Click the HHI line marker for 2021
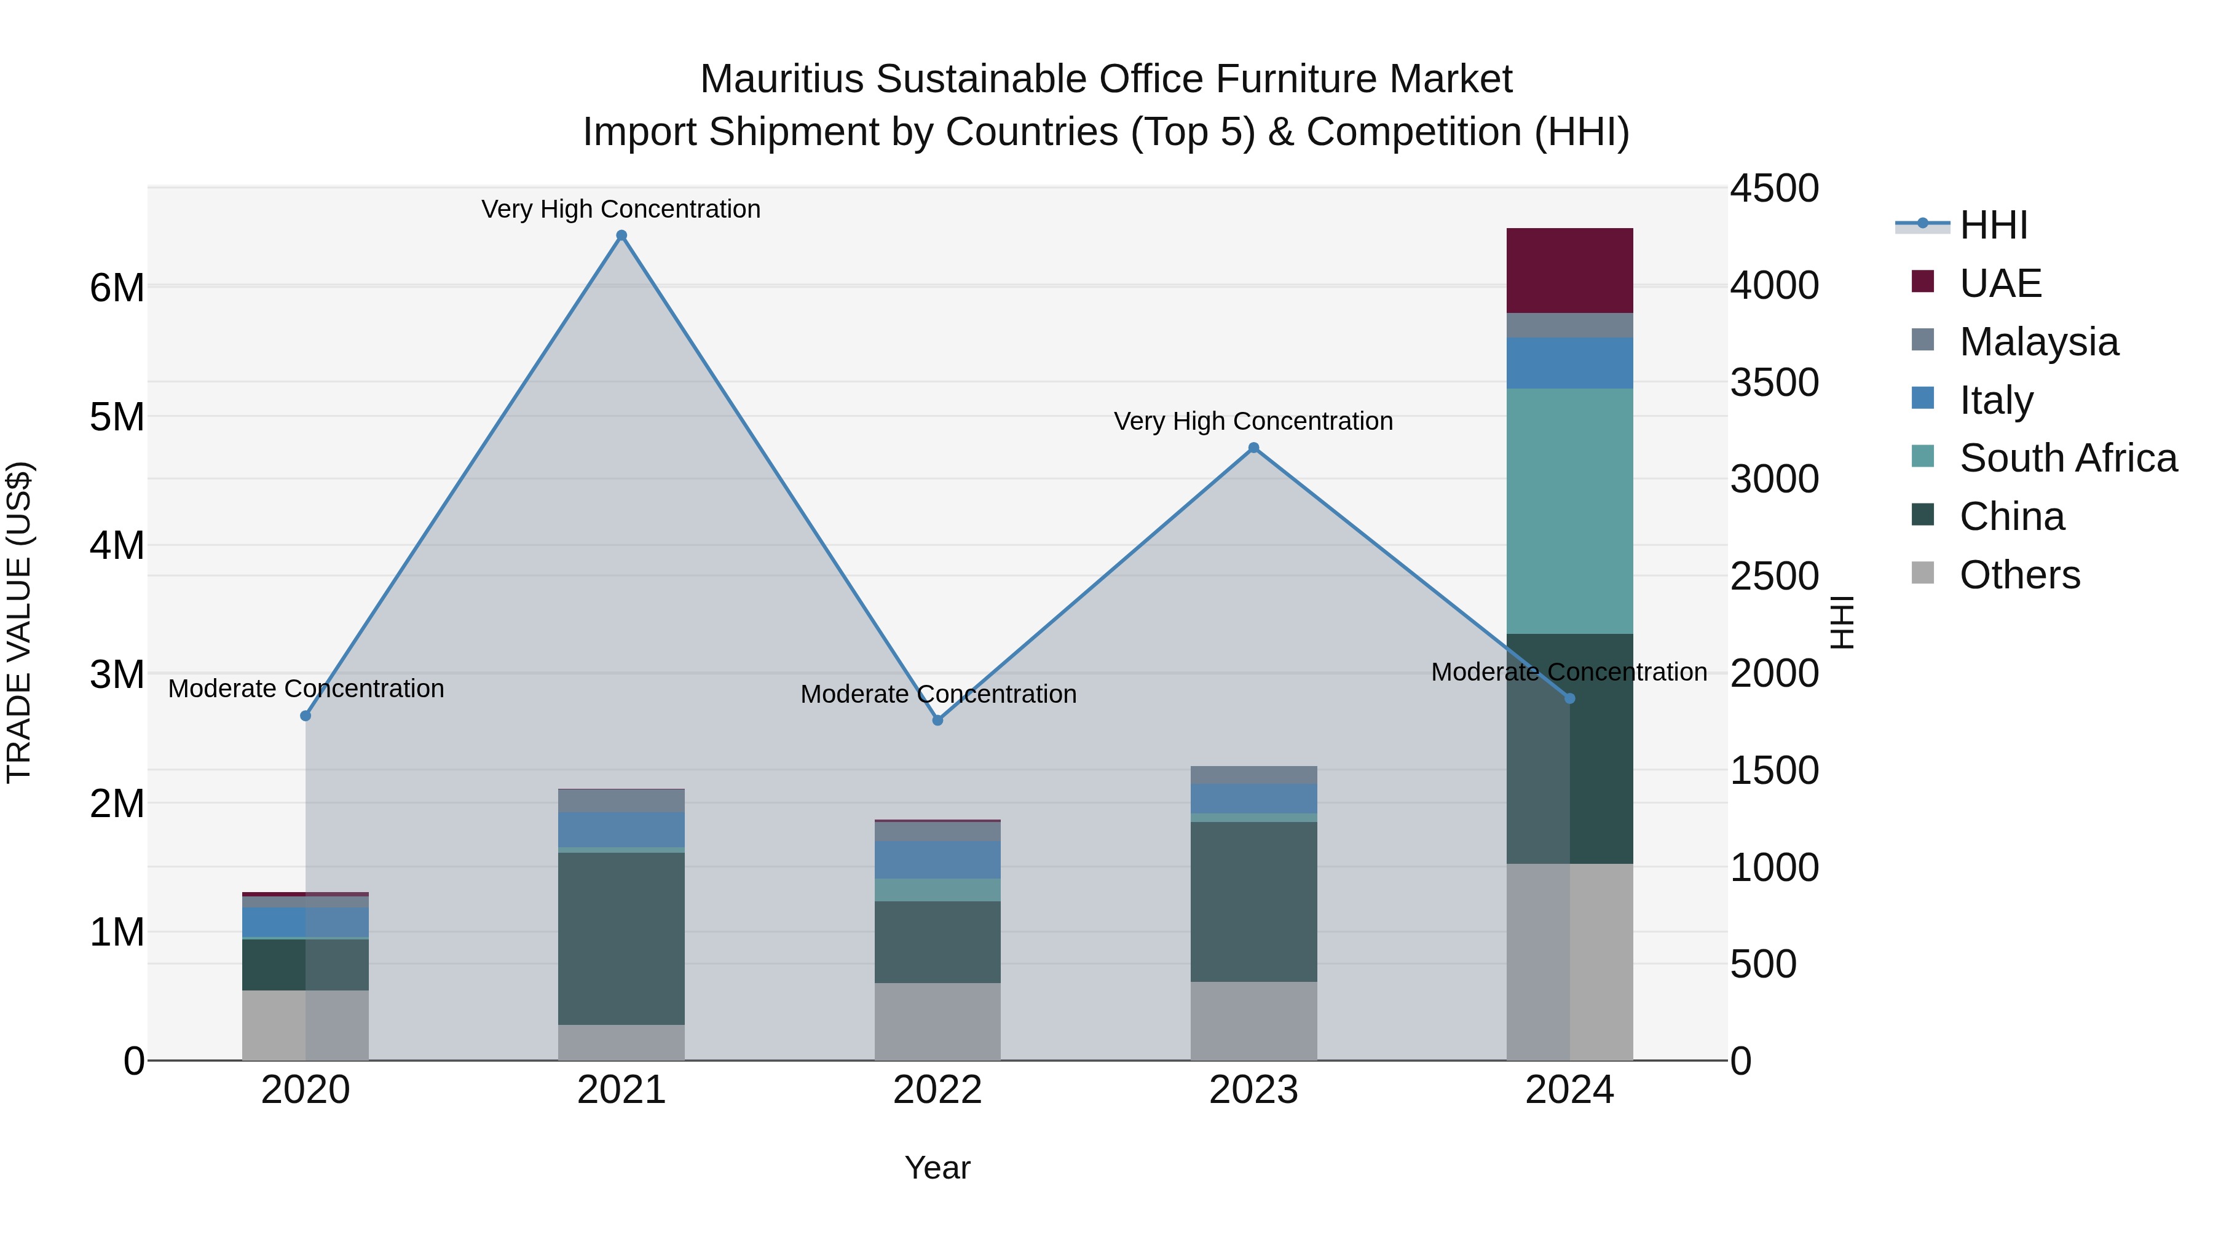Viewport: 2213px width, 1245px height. (621, 235)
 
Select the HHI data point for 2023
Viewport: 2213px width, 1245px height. (1253, 448)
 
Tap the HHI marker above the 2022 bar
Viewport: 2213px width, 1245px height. (937, 720)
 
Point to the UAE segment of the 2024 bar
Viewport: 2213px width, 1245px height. (1569, 271)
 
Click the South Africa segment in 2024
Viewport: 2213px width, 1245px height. (1569, 512)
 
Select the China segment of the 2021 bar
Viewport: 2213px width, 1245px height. (621, 938)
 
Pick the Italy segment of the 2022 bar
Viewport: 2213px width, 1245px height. (937, 860)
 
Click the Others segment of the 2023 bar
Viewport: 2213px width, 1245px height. (1253, 1021)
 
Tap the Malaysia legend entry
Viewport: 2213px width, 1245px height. (2038, 342)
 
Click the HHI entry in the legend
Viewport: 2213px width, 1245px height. (1993, 225)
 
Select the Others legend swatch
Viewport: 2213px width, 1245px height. (1923, 573)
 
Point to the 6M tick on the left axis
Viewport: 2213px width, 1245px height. (117, 288)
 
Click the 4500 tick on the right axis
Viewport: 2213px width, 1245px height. (1774, 189)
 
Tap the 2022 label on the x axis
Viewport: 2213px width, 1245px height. (937, 1090)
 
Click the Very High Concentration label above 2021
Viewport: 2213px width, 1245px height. (620, 209)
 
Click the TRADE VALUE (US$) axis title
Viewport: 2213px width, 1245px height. (19, 622)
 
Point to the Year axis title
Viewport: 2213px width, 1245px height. (937, 1168)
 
